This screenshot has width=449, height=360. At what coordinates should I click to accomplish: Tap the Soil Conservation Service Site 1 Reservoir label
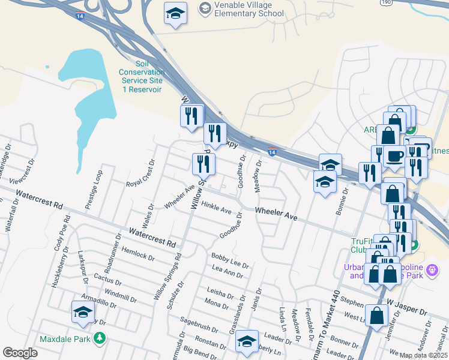pos(142,76)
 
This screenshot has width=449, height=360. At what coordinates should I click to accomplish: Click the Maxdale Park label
pos(65,339)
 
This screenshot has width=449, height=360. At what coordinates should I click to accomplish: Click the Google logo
pos(20,352)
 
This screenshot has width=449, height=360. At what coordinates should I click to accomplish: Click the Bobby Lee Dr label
pos(230,260)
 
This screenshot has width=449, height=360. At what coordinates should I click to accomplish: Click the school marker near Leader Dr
pos(247,341)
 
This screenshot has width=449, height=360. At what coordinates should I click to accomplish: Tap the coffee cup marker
pos(394,155)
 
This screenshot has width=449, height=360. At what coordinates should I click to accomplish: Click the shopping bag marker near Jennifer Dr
pos(376,316)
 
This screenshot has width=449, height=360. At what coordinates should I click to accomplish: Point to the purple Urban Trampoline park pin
pos(430,272)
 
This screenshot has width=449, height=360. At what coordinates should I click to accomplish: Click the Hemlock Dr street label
pos(137,254)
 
